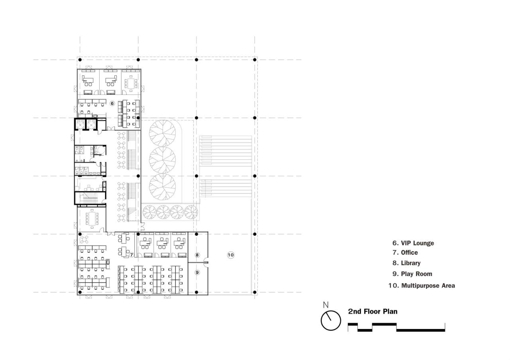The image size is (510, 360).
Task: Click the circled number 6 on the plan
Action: [112, 103]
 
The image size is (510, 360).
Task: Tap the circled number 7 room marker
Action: [131, 254]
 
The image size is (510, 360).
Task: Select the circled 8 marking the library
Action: [197, 254]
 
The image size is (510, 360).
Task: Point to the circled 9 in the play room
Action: [197, 272]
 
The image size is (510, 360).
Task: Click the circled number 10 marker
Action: [230, 255]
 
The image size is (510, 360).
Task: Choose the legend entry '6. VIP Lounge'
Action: [413, 243]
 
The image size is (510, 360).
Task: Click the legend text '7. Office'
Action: [405, 252]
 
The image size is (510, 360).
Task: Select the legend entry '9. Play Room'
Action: [412, 274]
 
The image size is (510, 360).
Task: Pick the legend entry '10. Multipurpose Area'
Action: [422, 286]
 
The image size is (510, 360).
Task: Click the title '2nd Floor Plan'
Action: [373, 311]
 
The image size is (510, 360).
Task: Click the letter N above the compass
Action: [326, 305]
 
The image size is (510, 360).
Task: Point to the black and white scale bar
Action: [396, 327]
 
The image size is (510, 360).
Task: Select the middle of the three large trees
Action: [163, 160]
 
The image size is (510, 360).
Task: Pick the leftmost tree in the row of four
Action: [149, 212]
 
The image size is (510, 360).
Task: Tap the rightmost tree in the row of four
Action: [191, 212]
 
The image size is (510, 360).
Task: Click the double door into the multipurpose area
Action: [206, 262]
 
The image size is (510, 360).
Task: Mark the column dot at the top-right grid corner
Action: [255, 60]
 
